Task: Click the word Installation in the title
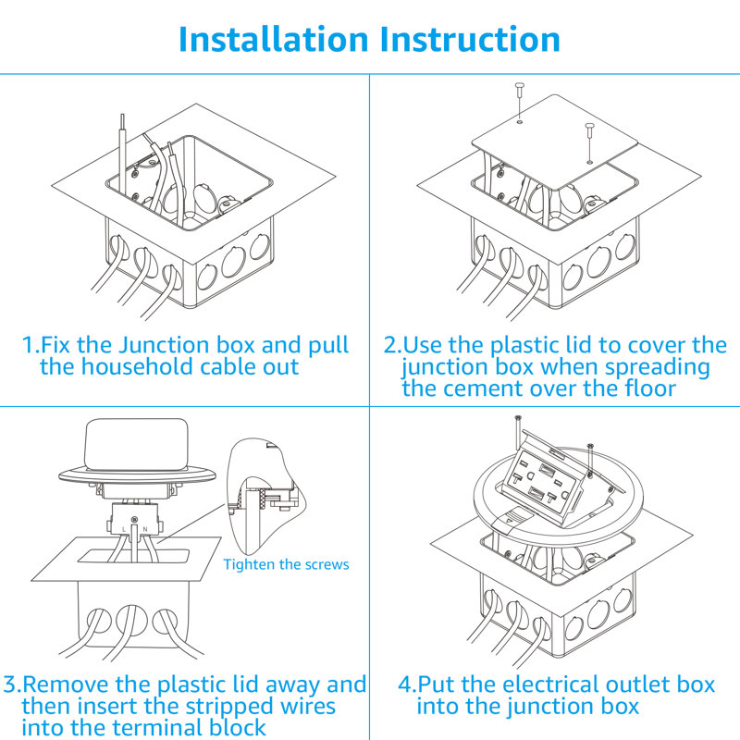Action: pos(273,40)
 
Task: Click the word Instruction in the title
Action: pos(470,40)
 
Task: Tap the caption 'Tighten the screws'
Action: pos(287,564)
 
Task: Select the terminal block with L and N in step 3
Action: pos(134,522)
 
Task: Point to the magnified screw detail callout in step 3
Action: pos(268,495)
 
